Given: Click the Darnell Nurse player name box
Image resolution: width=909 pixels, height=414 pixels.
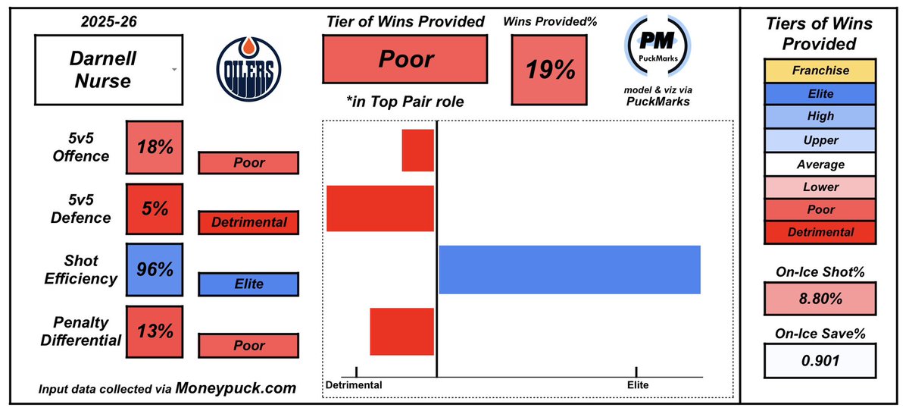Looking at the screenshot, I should [x=107, y=71].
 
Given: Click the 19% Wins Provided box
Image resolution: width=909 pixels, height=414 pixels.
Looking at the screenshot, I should [x=551, y=71].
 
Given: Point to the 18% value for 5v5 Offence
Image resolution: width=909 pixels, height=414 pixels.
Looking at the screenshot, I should [x=155, y=146].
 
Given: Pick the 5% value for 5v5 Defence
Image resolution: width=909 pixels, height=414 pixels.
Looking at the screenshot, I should [x=155, y=209].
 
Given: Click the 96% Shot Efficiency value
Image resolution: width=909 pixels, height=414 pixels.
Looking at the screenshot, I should [x=155, y=270].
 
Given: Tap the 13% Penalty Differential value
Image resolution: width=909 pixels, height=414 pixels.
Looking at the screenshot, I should [x=155, y=331].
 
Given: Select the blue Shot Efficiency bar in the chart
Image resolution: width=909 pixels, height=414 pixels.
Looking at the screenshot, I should [x=569, y=270].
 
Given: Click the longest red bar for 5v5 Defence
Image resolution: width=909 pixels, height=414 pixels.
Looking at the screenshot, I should [x=380, y=208].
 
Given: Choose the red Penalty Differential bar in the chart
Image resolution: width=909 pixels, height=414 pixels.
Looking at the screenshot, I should [x=401, y=331].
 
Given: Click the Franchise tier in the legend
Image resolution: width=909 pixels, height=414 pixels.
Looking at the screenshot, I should [x=820, y=71].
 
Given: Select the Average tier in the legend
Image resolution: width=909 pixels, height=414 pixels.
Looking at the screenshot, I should [x=820, y=163].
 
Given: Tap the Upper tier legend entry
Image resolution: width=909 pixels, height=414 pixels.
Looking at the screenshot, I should [x=820, y=140].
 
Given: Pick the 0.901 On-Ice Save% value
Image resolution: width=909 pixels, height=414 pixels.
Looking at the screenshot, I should [x=820, y=360].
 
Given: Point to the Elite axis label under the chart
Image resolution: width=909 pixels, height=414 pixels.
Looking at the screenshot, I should [x=638, y=385].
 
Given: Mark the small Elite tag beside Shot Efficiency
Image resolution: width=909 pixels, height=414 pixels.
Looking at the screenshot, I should [x=248, y=284].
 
